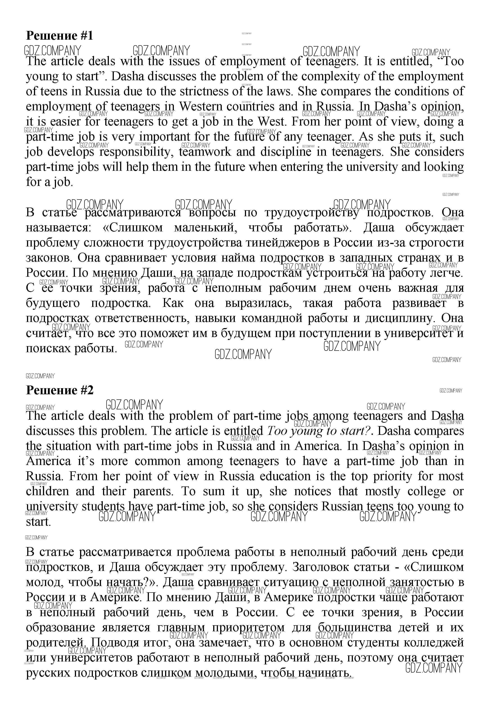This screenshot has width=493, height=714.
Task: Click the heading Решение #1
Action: pyautogui.click(x=59, y=36)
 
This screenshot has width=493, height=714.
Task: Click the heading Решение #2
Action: pyautogui.click(x=59, y=390)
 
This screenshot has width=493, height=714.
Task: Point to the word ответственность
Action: pyautogui.click(x=142, y=319)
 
